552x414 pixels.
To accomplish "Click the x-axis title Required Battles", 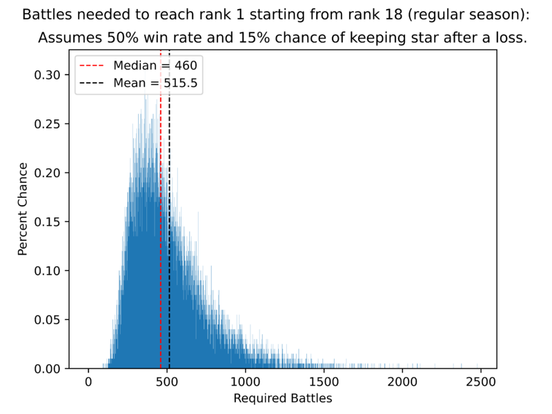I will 283,398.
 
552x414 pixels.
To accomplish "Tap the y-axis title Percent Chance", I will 23,209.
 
